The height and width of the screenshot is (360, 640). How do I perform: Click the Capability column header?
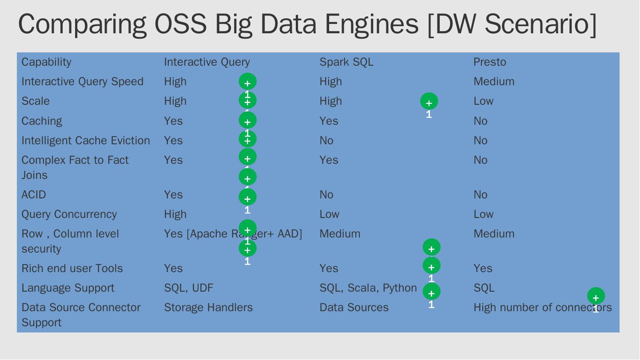pos(46,62)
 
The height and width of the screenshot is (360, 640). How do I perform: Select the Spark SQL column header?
pos(346,62)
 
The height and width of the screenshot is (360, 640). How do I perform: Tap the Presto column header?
pos(489,62)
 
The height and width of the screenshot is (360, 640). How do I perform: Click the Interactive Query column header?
pos(207,62)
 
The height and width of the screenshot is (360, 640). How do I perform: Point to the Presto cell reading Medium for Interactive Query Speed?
pos(494,82)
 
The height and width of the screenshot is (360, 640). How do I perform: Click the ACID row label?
pos(34,195)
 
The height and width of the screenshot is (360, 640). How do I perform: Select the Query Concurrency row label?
pos(69,214)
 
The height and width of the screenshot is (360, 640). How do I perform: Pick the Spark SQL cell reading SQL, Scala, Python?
pos(368,288)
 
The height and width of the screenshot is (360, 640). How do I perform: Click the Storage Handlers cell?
pos(208,308)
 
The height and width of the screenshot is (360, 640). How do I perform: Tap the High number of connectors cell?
pos(542,308)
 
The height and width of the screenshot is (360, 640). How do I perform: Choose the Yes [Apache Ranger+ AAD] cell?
pos(233,234)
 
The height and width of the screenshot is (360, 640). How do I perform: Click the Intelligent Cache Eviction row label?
pos(86,141)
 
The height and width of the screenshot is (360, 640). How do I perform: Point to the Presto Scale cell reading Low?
pos(483,101)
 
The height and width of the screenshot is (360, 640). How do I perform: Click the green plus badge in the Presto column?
pos(596,296)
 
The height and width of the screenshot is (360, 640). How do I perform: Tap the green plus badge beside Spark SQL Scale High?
pos(429,102)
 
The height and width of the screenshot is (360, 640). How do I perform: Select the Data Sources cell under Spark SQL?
pos(354,308)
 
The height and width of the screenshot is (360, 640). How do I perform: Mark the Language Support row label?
pos(68,288)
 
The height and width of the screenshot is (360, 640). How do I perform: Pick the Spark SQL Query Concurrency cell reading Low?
pos(329,214)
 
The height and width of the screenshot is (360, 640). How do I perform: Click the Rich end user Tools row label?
pos(72,269)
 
